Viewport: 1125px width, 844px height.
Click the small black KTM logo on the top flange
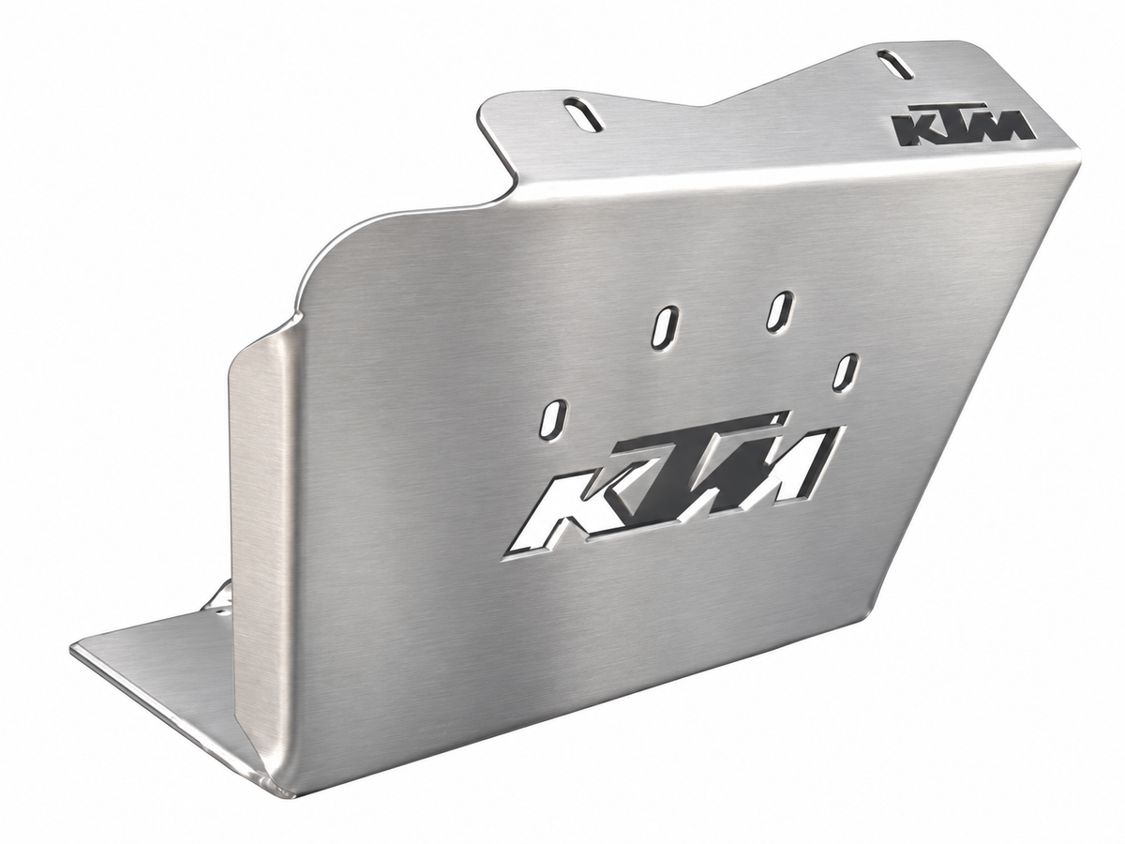coord(963,124)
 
